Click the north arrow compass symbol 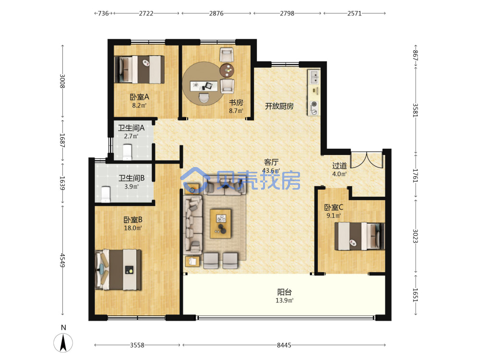click(63, 343)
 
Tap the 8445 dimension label click(284, 345)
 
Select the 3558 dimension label click(137, 345)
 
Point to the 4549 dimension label click(62, 260)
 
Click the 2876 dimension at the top click(216, 13)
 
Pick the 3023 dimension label click(415, 236)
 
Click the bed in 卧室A click(139, 70)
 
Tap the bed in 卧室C click(360, 236)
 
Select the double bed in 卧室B click(119, 270)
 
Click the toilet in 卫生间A click(127, 152)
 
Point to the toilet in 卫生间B click(105, 194)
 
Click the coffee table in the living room click(220, 224)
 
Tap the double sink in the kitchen click(314, 77)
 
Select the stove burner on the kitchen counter click(314, 104)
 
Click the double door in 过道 click(367, 159)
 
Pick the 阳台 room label click(284, 292)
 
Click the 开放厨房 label click(279, 106)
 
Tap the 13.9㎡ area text click(284, 300)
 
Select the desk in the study click(204, 86)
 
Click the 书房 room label click(236, 103)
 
